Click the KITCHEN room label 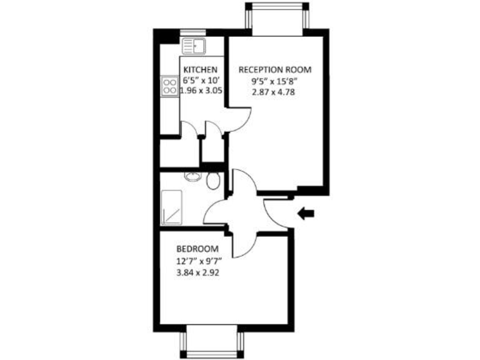[200, 69]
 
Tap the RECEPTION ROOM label [275, 69]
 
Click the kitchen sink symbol [194, 45]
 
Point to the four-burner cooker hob [169, 85]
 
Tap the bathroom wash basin [191, 177]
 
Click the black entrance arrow [306, 214]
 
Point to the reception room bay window [276, 17]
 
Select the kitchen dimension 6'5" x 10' [200, 80]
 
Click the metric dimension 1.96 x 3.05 [201, 91]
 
